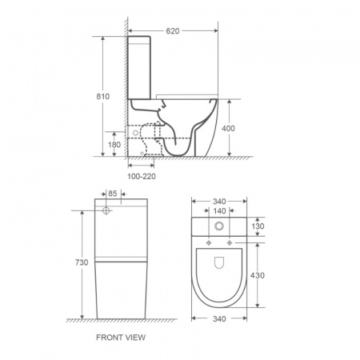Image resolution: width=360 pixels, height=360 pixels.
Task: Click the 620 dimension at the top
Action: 173,31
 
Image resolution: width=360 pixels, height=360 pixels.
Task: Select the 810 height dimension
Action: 103,96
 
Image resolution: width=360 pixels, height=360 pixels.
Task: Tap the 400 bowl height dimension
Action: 228,129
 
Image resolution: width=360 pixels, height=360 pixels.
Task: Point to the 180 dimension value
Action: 114,145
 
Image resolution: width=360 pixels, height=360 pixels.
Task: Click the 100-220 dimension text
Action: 142,177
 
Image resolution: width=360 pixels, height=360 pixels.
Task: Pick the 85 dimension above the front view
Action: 113,194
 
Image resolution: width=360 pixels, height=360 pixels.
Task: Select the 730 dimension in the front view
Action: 82,262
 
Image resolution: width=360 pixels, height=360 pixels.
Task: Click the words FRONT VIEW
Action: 121,338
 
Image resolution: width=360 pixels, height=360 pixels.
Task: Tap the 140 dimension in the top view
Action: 219,211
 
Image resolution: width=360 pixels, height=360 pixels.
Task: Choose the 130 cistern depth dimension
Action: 258,226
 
